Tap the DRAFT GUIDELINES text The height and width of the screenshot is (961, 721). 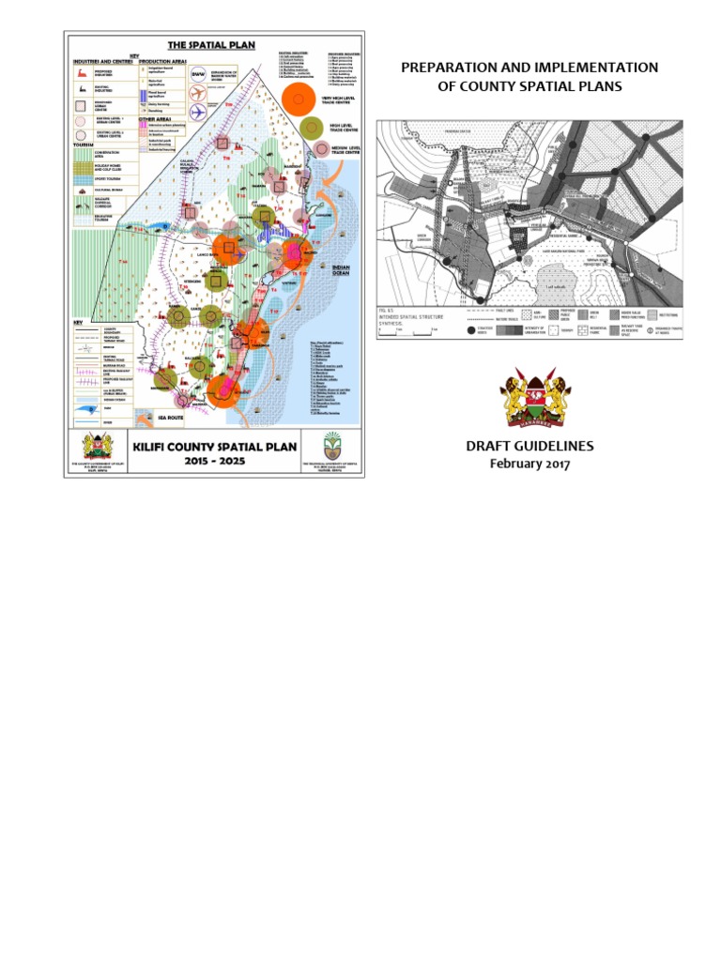click(529, 446)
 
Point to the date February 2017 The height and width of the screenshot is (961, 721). click(529, 464)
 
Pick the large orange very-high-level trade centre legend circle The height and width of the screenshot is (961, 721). click(298, 99)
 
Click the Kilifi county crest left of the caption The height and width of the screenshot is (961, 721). click(91, 447)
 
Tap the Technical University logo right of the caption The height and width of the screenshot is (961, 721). click(330, 446)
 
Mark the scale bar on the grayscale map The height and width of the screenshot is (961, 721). click(404, 330)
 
